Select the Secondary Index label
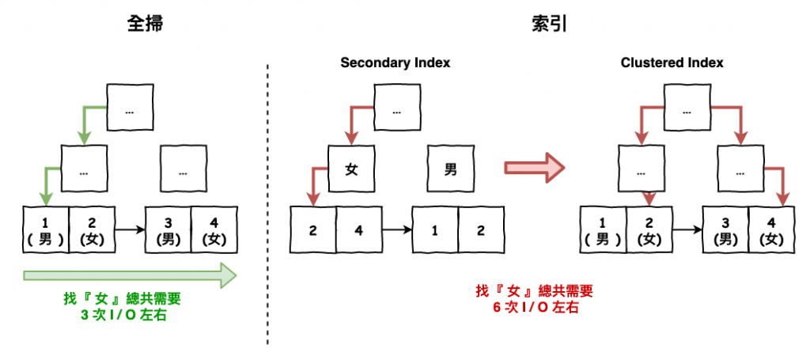click(395, 63)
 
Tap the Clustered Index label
click(672, 63)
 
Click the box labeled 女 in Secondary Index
click(352, 169)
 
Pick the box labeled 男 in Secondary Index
click(450, 169)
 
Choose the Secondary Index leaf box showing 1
click(434, 230)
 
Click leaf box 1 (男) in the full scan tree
click(46, 229)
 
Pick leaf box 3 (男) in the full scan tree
click(167, 229)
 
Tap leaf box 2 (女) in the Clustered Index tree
click(649, 229)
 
